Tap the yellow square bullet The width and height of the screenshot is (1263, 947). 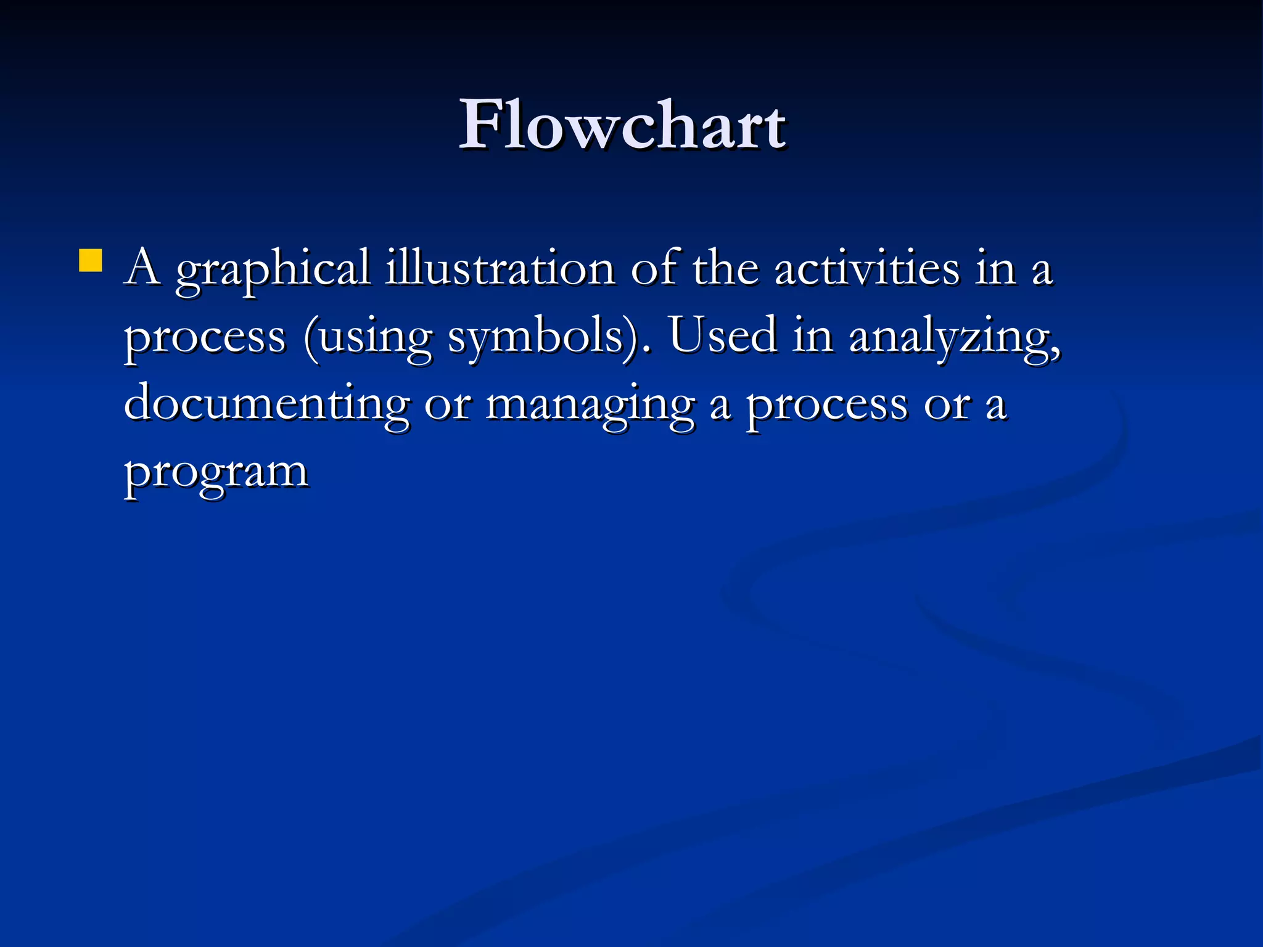(x=91, y=260)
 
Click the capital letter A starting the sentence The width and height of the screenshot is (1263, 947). (x=143, y=268)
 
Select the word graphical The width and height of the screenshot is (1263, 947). (x=273, y=271)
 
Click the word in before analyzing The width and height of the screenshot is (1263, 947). (x=813, y=336)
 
